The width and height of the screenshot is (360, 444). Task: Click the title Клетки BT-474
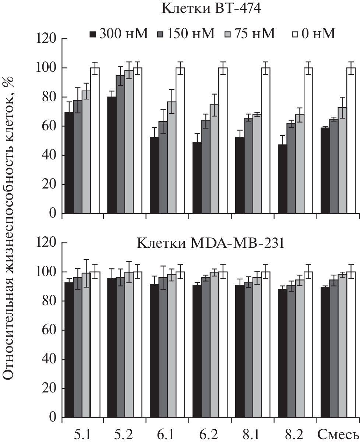pos(211,9)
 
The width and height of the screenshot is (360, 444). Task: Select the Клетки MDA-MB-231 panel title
pos(211,244)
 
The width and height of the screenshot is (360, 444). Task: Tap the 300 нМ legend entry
pos(119,34)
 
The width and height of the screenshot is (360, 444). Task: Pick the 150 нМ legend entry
pos(186,34)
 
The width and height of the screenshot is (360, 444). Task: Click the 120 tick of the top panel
pos(46,39)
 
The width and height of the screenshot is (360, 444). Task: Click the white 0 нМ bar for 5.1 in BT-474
pos(95,140)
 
